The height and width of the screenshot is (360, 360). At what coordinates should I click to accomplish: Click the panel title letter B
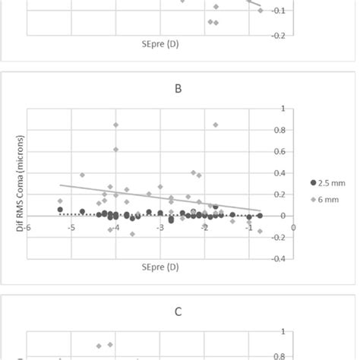click(178, 89)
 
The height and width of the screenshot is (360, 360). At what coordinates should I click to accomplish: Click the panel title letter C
click(178, 311)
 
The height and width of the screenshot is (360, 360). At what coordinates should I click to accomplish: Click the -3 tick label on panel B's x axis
click(159, 226)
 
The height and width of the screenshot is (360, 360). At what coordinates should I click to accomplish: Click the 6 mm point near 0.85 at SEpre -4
click(116, 125)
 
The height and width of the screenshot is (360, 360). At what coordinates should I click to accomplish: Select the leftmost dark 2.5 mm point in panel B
click(60, 210)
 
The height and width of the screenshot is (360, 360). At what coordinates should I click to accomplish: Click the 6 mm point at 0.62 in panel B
click(116, 149)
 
